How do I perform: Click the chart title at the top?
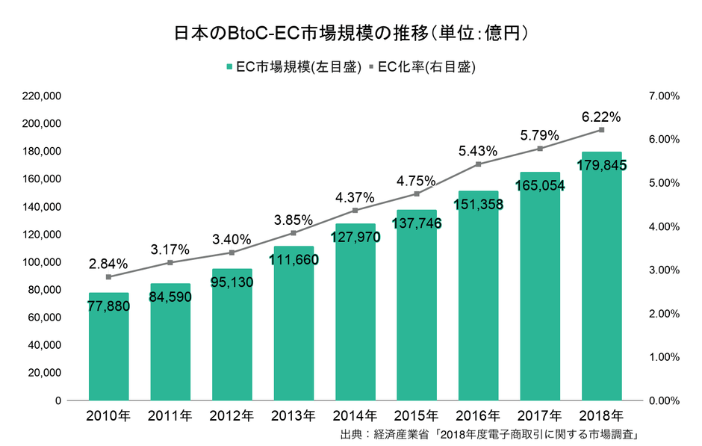[351, 33]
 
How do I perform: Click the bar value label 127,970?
[355, 238]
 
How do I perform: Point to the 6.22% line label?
[602, 117]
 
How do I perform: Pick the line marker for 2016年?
[479, 164]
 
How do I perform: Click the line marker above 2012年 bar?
[232, 253]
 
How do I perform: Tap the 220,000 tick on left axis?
[42, 96]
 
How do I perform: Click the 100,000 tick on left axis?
[42, 262]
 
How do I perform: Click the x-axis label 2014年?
[355, 415]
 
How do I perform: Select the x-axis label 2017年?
[540, 415]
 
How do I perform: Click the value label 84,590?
[170, 297]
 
